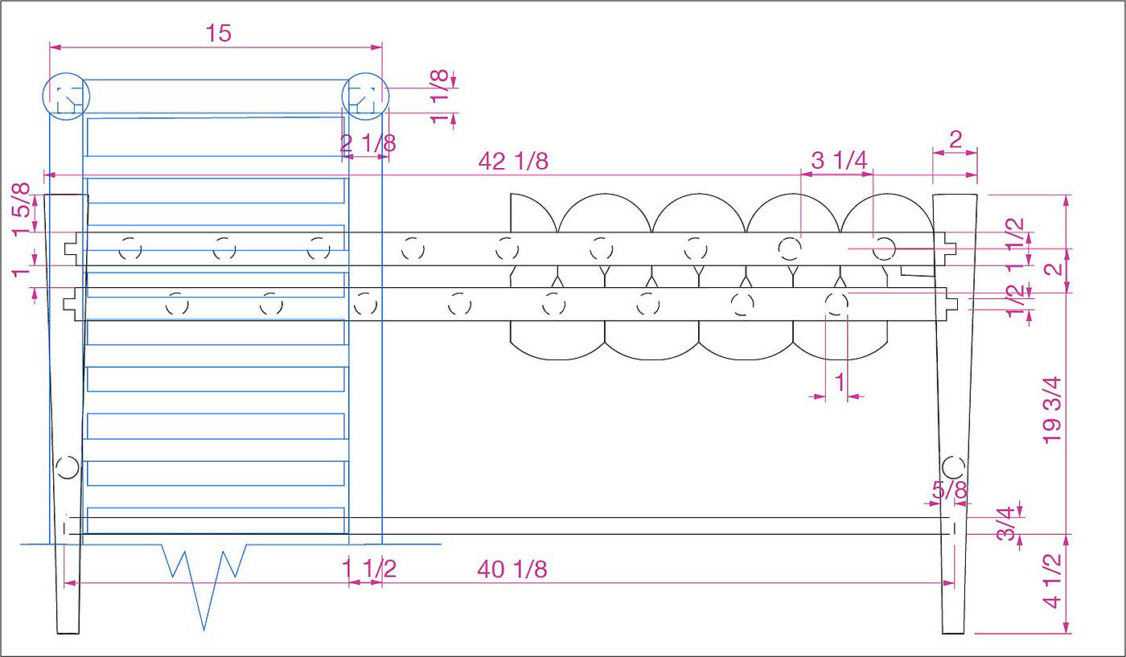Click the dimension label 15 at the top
(x=218, y=33)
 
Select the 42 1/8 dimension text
(x=513, y=161)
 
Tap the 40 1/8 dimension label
(x=512, y=569)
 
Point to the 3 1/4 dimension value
(x=839, y=160)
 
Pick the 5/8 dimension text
(x=950, y=489)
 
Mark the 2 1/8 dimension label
(x=368, y=143)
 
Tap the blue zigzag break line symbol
(x=206, y=579)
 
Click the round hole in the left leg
(x=68, y=466)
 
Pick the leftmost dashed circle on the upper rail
(x=130, y=249)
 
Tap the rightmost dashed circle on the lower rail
(x=836, y=303)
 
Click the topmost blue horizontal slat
(x=215, y=137)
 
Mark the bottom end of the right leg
(x=954, y=630)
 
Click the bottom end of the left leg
(x=68, y=630)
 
